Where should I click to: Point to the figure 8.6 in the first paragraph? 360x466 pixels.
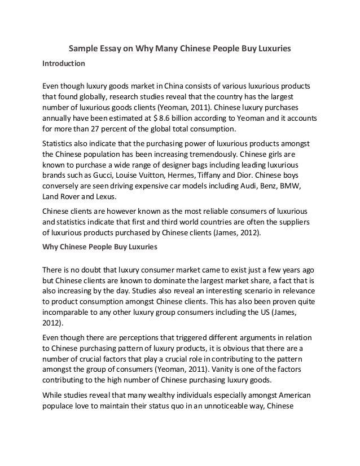[x=186, y=120]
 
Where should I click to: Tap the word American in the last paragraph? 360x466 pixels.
[x=280, y=395]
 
